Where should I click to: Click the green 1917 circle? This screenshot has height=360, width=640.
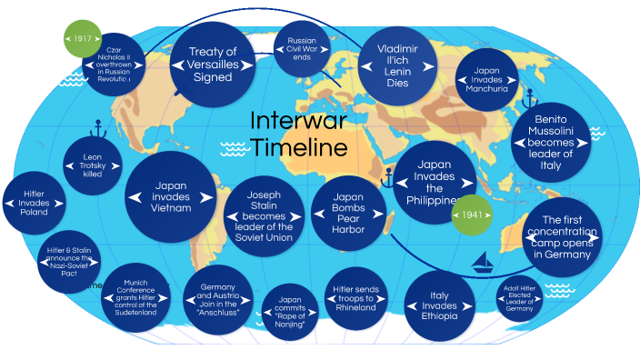click(84, 40)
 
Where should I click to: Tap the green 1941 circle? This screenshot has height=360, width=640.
click(471, 215)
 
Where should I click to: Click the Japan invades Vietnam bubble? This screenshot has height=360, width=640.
click(171, 197)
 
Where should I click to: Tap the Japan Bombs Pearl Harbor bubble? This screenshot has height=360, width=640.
click(349, 213)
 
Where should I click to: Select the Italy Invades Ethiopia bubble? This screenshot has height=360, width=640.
click(439, 305)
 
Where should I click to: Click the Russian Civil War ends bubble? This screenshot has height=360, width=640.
click(301, 47)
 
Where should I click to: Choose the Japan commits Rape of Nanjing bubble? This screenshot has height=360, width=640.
click(288, 312)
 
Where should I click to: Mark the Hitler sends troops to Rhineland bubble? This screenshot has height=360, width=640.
click(355, 296)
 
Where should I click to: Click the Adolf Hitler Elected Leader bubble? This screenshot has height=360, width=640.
click(518, 298)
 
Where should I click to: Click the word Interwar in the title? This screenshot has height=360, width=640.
click(298, 121)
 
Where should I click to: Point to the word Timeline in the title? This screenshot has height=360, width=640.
click(298, 147)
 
